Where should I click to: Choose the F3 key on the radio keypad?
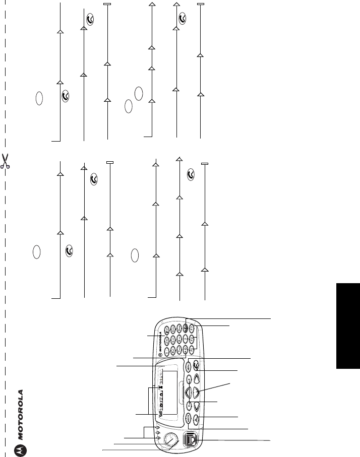pyautogui.click(x=192, y=330)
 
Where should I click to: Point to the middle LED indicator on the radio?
pyautogui.click(x=157, y=432)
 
